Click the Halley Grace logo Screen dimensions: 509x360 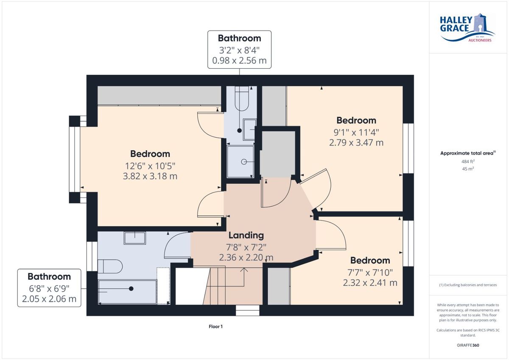[x=467, y=28]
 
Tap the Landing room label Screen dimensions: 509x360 [x=246, y=235]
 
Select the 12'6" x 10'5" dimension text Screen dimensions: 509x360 [x=150, y=166]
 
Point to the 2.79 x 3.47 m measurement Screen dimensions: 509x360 [x=356, y=143]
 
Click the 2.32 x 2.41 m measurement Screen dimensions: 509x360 [x=370, y=283]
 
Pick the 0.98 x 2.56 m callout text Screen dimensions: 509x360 [x=239, y=60]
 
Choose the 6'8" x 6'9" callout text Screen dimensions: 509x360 [x=49, y=288]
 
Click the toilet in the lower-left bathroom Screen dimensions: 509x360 [x=110, y=266]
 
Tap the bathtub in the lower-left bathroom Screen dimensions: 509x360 [x=127, y=292]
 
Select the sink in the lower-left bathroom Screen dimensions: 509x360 [x=135, y=238]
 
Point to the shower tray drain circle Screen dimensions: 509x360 [x=244, y=162]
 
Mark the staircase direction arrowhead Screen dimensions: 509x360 [x=244, y=270]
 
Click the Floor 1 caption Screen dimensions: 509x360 [x=215, y=326]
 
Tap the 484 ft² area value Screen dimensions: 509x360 [x=468, y=161]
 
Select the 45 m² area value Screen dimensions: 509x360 [x=468, y=169]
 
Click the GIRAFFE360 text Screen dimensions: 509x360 [x=468, y=345]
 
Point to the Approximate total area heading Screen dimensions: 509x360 [x=468, y=153]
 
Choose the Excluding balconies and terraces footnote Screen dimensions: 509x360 [x=468, y=285]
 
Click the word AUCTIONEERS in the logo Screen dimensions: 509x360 [x=480, y=40]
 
